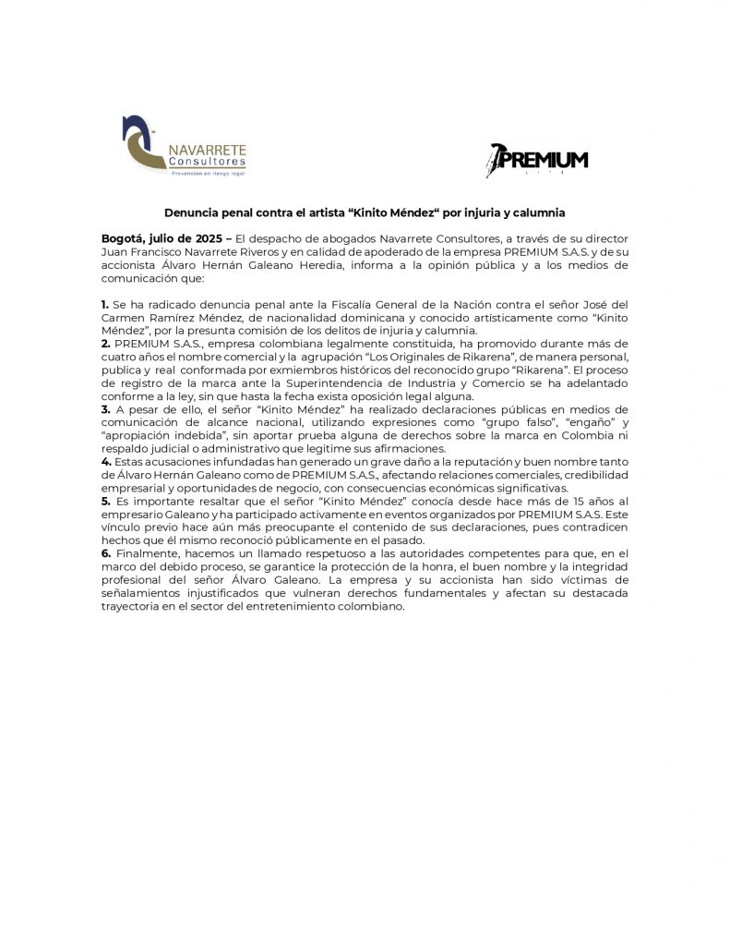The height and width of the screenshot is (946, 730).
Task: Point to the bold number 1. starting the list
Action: [105, 304]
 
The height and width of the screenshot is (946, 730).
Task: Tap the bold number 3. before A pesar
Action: [106, 409]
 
